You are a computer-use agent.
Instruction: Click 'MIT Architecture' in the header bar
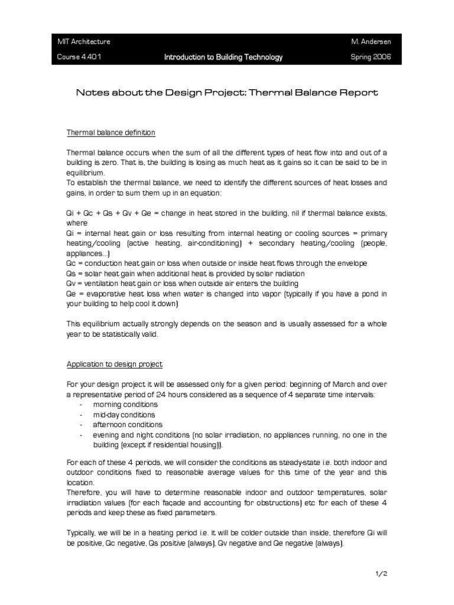pyautogui.click(x=83, y=42)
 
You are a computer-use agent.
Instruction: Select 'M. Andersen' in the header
pyautogui.click(x=367, y=42)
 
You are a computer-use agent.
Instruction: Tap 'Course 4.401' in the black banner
pyautogui.click(x=74, y=57)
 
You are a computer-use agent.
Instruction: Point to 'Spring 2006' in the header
pyautogui.click(x=367, y=57)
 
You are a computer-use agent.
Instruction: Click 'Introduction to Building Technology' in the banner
pyautogui.click(x=223, y=57)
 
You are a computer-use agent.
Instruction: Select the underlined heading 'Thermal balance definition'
pyautogui.click(x=111, y=132)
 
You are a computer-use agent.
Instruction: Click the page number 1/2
pyautogui.click(x=380, y=573)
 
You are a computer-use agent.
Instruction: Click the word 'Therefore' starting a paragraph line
pyautogui.click(x=82, y=492)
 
